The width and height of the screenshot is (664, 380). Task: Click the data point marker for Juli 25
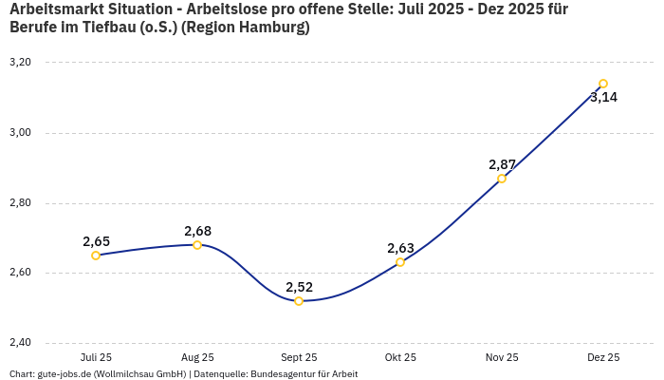tap(96, 256)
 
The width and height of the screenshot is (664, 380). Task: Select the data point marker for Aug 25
tap(197, 245)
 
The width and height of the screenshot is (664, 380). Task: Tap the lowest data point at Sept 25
tap(299, 301)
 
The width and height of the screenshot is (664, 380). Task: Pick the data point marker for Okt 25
tap(400, 262)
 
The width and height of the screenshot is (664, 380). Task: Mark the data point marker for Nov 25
tap(502, 179)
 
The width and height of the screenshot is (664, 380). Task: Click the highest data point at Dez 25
tap(603, 84)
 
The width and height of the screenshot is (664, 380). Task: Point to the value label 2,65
tap(96, 241)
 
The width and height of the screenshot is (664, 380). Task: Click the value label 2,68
tap(197, 231)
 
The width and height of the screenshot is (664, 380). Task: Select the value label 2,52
tap(299, 287)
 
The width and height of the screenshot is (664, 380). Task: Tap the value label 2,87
tap(502, 164)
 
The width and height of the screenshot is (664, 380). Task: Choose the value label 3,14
tap(603, 97)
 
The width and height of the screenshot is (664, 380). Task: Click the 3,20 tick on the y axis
tap(20, 63)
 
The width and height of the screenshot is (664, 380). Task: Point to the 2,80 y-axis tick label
tap(20, 203)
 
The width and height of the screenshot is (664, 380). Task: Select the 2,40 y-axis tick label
tap(20, 343)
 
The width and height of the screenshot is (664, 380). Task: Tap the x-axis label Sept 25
tap(299, 358)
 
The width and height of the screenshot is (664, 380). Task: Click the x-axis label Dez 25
tap(603, 358)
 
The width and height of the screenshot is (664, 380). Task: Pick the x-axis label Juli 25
tap(96, 358)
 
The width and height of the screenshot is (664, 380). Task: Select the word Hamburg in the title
tap(272, 28)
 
